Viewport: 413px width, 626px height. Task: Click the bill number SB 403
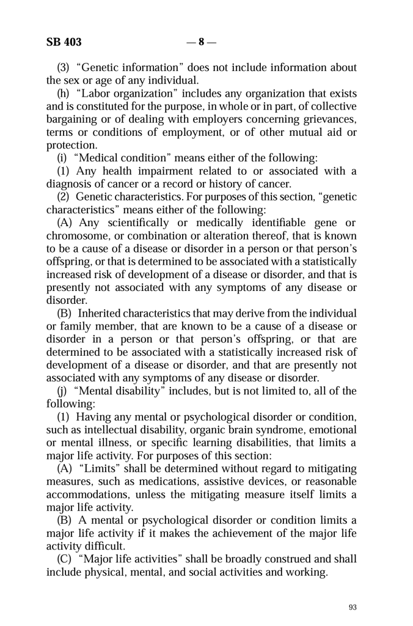tap(64, 43)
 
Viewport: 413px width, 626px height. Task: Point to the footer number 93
tap(353, 607)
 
